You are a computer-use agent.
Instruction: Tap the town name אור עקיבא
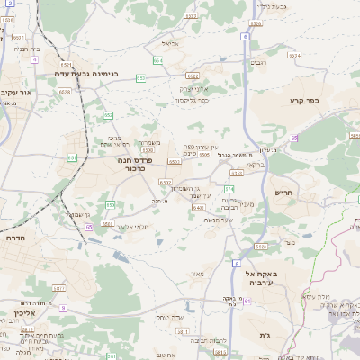coord(19,93)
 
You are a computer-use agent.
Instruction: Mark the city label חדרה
coord(15,238)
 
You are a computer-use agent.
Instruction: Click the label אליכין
coord(12,314)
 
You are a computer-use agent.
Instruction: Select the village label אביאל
coord(172,43)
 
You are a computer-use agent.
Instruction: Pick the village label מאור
coord(196,274)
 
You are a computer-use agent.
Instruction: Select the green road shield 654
coord(158,60)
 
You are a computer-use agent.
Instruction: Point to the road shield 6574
coord(295,55)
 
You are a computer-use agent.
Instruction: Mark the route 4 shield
coord(34,59)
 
